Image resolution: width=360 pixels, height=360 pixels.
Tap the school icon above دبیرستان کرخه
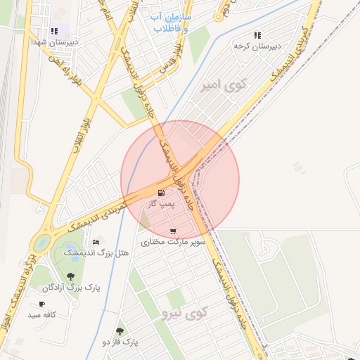pyautogui.click(x=257, y=34)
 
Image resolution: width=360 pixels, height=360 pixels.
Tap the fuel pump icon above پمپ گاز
pyautogui.click(x=162, y=193)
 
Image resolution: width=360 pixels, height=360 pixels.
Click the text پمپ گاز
pyautogui.click(x=160, y=203)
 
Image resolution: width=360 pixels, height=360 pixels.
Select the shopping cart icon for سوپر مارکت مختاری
pyautogui.click(x=173, y=231)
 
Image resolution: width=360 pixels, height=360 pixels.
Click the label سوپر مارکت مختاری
pyautogui.click(x=173, y=241)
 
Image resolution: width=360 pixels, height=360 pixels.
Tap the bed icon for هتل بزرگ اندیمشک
pyautogui.click(x=96, y=242)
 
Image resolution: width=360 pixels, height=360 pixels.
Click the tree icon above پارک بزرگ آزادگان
pyautogui.click(x=70, y=277)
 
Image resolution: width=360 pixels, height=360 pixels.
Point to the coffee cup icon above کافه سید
pyautogui.click(x=41, y=304)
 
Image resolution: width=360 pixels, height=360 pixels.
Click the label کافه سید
pyautogui.click(x=41, y=314)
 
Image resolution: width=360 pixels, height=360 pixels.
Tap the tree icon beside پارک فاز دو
pyautogui.click(x=120, y=331)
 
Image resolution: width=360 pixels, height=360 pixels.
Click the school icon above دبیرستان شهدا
pyautogui.click(x=54, y=31)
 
